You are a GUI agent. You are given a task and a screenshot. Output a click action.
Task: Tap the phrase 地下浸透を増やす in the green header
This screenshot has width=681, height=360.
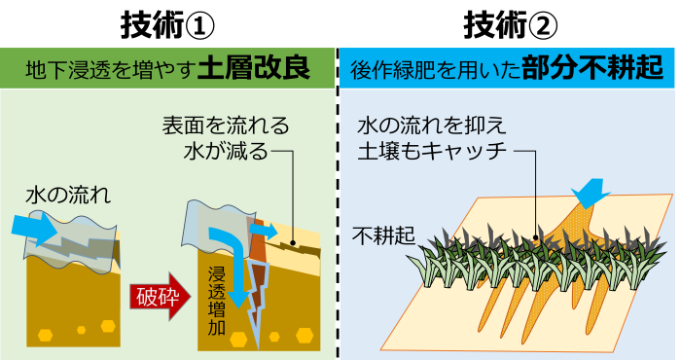coord(109,70)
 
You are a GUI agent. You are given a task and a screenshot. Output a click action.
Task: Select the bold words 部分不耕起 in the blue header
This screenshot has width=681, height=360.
coord(592,69)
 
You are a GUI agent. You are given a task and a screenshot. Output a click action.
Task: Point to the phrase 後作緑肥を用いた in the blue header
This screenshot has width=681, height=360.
coord(435,70)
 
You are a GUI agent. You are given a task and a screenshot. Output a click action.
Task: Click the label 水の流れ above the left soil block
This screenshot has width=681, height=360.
coord(68,196)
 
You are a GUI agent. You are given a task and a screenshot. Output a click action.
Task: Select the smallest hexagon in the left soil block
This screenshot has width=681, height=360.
coord(81,330)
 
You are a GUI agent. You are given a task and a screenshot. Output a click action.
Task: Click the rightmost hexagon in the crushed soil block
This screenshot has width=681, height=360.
coord(305,336)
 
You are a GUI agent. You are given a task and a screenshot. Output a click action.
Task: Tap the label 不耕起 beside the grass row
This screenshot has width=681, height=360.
coord(383,235)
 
